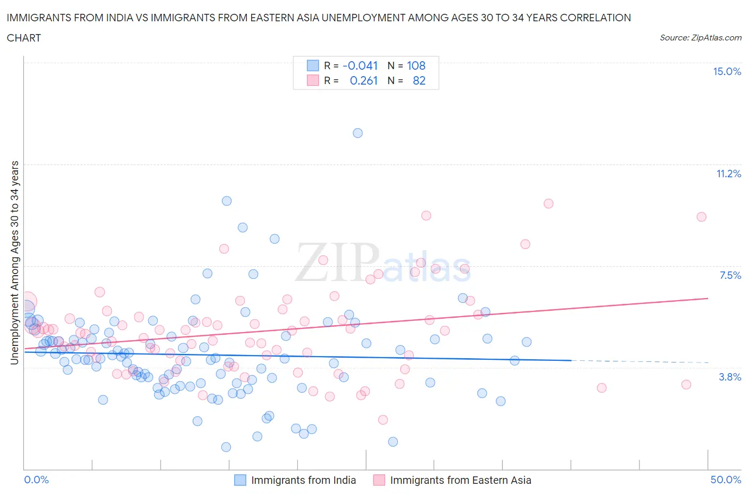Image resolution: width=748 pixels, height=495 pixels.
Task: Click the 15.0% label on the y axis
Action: (727, 72)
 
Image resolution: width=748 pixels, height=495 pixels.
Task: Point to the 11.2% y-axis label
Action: (728, 174)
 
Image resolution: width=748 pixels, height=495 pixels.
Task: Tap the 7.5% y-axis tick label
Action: (730, 276)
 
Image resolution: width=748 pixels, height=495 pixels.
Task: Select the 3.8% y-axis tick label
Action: (730, 377)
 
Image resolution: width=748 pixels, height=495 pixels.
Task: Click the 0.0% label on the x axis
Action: (37, 480)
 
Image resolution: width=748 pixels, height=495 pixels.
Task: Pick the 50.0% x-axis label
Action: (726, 480)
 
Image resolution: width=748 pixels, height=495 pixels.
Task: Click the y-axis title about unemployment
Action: (14, 262)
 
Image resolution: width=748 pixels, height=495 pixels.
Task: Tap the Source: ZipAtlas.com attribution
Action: (700, 38)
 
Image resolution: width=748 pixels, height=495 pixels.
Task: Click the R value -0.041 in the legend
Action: (360, 66)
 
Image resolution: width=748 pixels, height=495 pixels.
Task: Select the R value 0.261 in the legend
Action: (363, 81)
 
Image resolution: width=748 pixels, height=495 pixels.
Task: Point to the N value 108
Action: (416, 66)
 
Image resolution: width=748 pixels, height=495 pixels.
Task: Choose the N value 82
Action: (419, 81)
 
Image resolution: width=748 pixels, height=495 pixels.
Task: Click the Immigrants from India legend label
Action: (303, 480)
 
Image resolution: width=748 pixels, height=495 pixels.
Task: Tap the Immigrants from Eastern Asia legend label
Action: (460, 480)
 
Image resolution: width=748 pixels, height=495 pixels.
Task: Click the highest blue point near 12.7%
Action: (358, 133)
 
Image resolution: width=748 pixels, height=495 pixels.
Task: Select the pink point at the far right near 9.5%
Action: (701, 217)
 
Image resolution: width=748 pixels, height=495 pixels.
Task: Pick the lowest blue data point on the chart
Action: (226, 447)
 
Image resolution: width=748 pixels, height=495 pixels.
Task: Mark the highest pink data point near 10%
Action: (548, 203)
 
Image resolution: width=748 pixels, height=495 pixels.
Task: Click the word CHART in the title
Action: (24, 38)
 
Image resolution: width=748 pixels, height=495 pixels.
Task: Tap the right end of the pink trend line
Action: (708, 299)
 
